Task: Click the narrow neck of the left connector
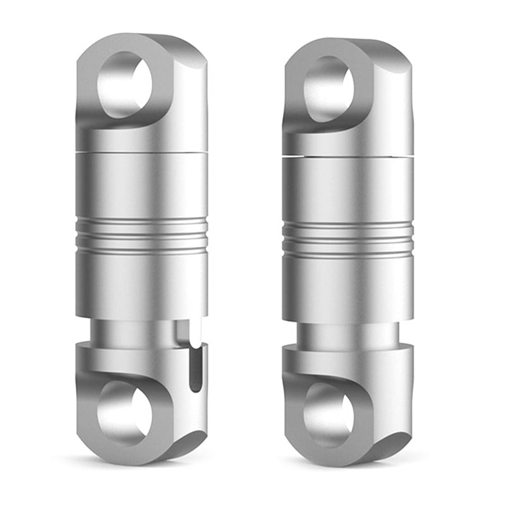pyautogui.click(x=136, y=329)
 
